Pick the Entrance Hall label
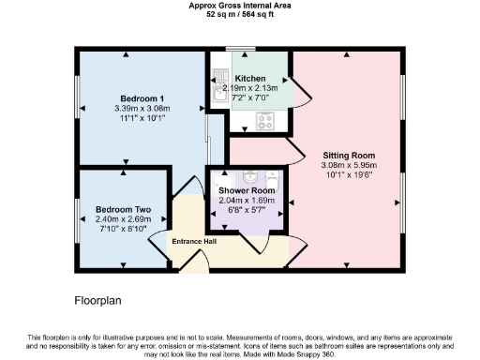point(195,242)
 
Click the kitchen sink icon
point(218,92)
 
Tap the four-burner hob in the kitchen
point(264,121)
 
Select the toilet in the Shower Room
point(272,177)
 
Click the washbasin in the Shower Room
point(250,176)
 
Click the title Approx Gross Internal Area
point(239,6)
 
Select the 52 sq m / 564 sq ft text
point(239,15)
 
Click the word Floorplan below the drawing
point(98,301)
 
